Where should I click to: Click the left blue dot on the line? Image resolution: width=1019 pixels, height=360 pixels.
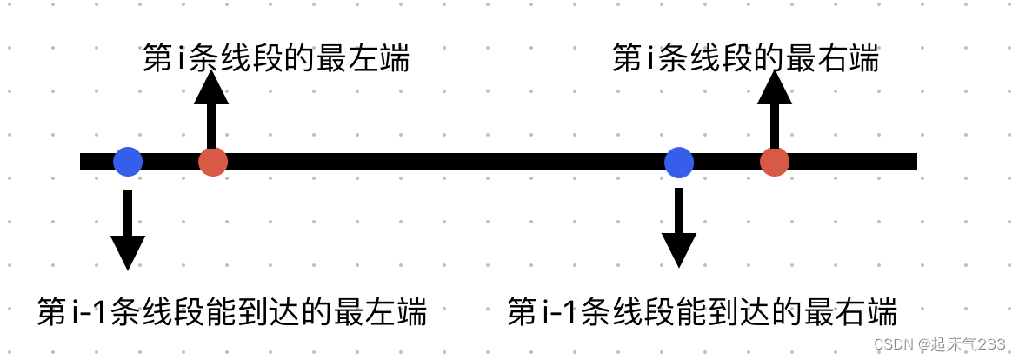[x=128, y=162]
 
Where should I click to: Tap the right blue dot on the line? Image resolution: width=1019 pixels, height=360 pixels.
[x=679, y=162]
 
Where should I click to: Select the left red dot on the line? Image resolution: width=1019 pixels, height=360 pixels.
[x=213, y=162]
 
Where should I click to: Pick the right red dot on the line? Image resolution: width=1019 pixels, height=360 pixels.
[x=774, y=162]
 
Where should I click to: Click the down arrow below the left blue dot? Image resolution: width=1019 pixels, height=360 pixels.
[x=128, y=230]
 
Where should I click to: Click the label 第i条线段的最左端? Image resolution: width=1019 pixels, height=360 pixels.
[x=276, y=59]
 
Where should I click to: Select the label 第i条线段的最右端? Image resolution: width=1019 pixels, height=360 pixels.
[x=745, y=59]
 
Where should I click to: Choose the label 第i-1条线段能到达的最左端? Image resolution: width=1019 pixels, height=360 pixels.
[x=232, y=311]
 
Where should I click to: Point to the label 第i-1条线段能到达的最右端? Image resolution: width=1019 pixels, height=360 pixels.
[x=702, y=311]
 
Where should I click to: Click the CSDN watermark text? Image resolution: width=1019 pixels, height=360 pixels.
[x=939, y=344]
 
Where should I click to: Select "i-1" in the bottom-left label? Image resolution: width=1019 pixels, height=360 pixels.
[x=89, y=311]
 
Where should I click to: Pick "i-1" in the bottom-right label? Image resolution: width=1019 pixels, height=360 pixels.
[x=558, y=311]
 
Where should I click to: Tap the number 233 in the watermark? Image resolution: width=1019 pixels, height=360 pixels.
[x=990, y=344]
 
